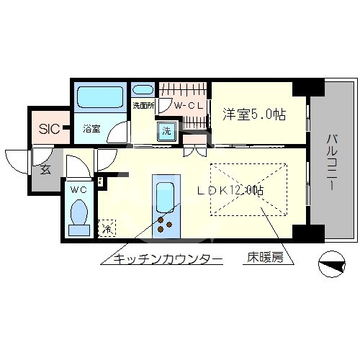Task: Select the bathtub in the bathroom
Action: point(100,98)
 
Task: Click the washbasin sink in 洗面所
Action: point(143,91)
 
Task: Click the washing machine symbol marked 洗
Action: point(166,132)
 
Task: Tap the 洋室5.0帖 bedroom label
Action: point(253,114)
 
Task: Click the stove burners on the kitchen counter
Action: point(166,222)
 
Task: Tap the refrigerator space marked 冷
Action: point(107,230)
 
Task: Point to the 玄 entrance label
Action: point(45,171)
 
